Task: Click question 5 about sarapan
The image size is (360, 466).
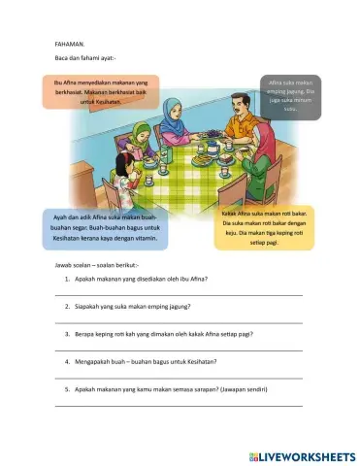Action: tap(170, 388)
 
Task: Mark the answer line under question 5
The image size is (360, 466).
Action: tap(180, 404)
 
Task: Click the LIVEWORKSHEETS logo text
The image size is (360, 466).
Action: tap(309, 454)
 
